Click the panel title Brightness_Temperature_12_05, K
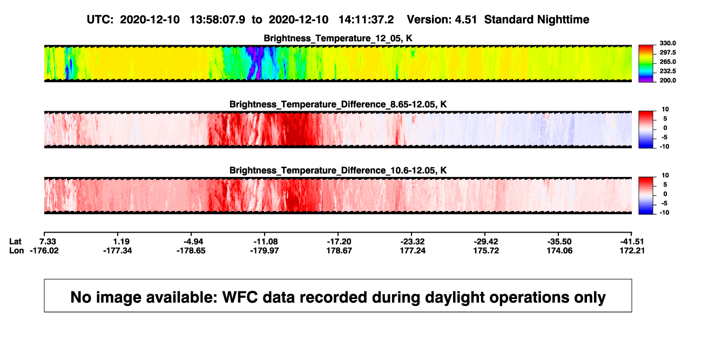[x=338, y=38]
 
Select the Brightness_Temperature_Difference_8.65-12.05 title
[x=338, y=104]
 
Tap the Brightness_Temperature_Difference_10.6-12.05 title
[x=338, y=171]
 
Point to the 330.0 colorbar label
[x=667, y=43]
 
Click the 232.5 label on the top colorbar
[x=667, y=71]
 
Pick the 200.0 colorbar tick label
[x=667, y=80]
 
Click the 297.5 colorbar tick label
[x=667, y=53]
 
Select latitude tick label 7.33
[x=48, y=242]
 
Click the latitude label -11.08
[x=266, y=242]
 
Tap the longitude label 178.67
[x=339, y=250]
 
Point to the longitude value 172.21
[x=632, y=250]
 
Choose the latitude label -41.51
[x=632, y=242]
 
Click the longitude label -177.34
[x=118, y=250]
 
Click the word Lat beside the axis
[x=15, y=242]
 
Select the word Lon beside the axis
[x=17, y=250]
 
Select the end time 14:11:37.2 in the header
[x=366, y=20]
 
